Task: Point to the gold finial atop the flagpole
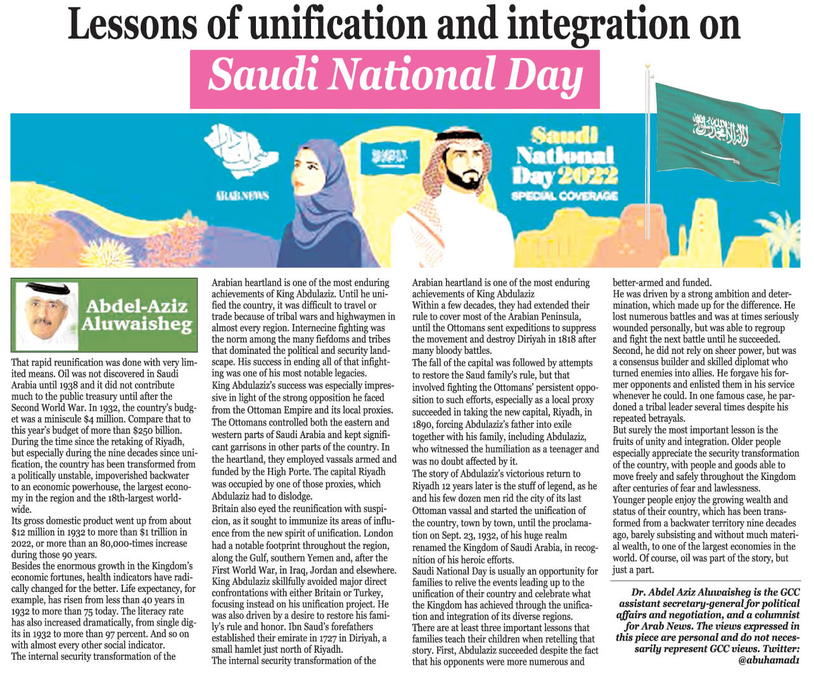648,66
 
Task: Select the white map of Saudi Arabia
241,149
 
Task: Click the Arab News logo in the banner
243,196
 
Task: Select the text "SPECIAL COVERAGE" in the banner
564,196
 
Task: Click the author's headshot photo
45,314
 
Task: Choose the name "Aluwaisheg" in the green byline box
136,325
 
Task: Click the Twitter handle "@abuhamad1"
769,660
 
